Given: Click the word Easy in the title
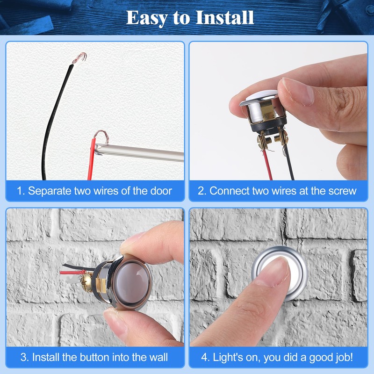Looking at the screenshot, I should tap(146, 18).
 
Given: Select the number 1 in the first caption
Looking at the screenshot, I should tap(20, 191).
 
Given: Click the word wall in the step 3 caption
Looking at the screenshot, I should tap(158, 358).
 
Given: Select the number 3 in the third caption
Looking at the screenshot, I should tap(23, 358).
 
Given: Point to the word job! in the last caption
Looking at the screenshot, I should tap(344, 358).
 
